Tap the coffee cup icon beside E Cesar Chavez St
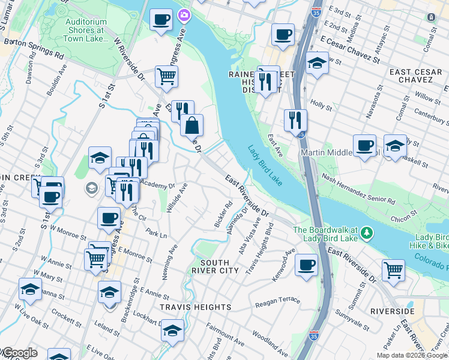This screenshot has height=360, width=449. coord(282,34)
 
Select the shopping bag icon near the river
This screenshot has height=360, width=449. coord(192,125)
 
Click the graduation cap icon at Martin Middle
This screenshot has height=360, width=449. coord(395,146)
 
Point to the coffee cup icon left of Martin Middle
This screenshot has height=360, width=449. coord(364,146)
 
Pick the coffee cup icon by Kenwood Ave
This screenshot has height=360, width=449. coord(307,264)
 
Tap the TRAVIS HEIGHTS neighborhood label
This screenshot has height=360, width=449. coord(196,307)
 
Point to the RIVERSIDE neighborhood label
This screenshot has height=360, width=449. coord(392,311)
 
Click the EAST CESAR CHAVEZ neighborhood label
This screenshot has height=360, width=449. coord(415,76)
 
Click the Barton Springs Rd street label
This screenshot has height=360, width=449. coord(34,49)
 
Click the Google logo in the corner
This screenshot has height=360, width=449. coord(19,353)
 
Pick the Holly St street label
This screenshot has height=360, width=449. coord(322,104)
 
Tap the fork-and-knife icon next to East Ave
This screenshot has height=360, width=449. coord(294,120)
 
